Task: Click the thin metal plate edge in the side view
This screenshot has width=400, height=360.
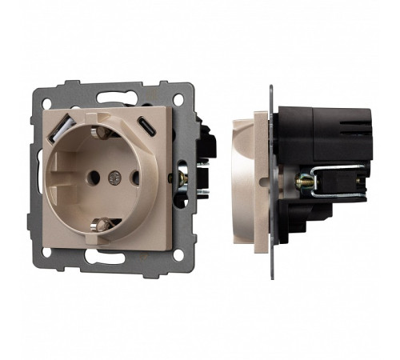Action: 271,176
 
